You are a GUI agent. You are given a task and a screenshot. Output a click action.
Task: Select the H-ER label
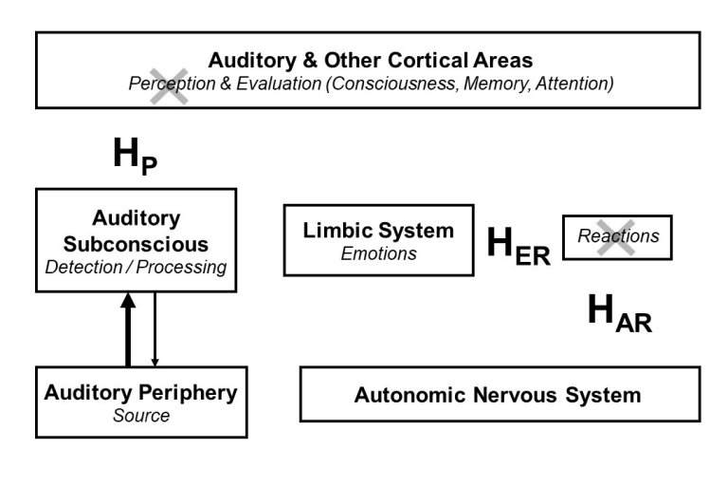click(518, 246)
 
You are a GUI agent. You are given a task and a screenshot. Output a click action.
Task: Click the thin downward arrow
click(155, 329)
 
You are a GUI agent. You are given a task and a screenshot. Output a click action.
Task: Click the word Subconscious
click(136, 243)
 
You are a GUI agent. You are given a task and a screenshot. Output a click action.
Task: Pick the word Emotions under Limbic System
click(378, 253)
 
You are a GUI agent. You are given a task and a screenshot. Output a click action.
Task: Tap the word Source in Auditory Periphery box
click(140, 416)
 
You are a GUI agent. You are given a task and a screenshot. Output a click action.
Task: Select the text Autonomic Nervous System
click(498, 395)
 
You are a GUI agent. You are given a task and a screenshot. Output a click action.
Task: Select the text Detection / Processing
click(136, 267)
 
